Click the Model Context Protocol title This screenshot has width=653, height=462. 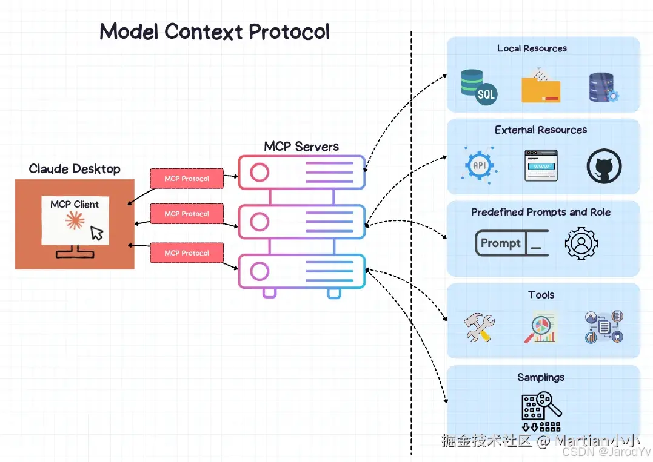point(215,31)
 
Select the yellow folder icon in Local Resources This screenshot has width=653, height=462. point(540,85)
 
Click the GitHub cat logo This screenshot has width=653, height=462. point(604,167)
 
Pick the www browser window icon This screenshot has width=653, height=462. point(540,165)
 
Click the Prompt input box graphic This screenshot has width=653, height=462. point(511,243)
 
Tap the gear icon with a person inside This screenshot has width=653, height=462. point(581,243)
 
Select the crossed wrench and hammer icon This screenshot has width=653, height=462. point(479,328)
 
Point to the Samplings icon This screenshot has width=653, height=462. point(541,407)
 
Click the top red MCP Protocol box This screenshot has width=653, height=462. point(187,179)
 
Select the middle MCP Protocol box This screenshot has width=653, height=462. point(187,214)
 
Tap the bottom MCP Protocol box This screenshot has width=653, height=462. point(187,252)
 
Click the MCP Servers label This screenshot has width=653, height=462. point(301,146)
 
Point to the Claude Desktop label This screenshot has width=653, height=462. point(75,169)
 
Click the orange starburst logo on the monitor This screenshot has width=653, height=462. point(74,222)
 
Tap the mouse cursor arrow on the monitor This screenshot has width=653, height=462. point(96,233)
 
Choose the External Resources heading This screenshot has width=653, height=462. point(541,130)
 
